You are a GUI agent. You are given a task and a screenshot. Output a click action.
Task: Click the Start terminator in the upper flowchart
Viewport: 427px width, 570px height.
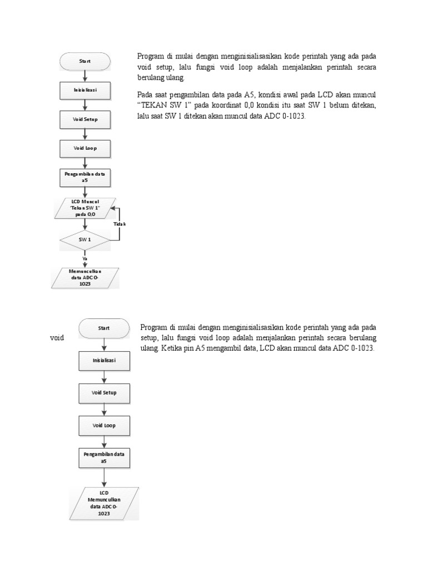coord(85,61)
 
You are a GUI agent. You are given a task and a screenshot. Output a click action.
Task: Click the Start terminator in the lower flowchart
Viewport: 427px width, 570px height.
coord(104,328)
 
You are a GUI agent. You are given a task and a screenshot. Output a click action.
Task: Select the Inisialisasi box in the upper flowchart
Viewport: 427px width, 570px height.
coord(85,90)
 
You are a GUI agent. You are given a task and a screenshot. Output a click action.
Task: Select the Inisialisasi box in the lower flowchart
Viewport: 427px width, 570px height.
coord(104,361)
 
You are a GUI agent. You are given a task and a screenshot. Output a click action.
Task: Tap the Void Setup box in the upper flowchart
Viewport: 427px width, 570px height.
coord(85,119)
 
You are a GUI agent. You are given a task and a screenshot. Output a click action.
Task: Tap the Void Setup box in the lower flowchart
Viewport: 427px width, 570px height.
coord(104,393)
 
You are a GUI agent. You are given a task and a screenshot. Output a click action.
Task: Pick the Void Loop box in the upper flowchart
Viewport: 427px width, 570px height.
coord(85,148)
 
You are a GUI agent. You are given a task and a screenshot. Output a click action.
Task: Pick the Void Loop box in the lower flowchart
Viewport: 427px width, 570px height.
coord(104,425)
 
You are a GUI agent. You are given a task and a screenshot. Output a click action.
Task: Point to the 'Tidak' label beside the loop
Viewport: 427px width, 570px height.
coord(120,224)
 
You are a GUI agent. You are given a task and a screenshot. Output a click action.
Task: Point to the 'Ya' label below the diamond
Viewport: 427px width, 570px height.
coord(85,259)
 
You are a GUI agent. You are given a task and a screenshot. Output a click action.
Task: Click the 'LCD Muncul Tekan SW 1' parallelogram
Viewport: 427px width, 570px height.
coord(85,207)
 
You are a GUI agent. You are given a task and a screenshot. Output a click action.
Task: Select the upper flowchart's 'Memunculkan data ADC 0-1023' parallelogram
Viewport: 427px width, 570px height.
coord(85,277)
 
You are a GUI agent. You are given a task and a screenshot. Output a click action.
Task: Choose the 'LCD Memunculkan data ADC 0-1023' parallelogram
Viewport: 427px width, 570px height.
coord(104,503)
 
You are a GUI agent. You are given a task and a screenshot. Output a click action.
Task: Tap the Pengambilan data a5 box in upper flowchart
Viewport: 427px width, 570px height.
coord(85,178)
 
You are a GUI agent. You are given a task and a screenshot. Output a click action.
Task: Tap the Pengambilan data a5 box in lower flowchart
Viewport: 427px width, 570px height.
coord(104,458)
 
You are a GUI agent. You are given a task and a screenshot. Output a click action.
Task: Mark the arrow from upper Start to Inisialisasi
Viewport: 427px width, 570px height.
coord(85,76)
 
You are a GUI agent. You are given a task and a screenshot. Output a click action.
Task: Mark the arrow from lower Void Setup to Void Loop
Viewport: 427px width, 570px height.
coord(104,409)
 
